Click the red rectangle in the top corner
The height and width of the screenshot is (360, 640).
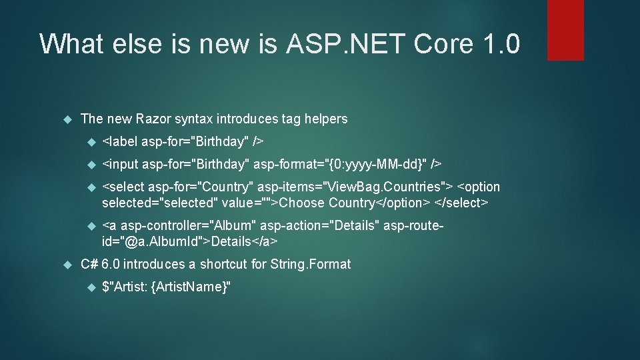click(565, 30)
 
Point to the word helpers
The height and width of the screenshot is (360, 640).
click(325, 119)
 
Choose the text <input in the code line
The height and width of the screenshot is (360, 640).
click(121, 164)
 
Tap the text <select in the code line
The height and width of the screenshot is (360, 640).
click(123, 187)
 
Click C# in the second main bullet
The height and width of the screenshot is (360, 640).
click(89, 265)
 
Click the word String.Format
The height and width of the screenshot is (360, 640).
click(310, 265)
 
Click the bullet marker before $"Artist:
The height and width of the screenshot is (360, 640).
click(92, 287)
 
